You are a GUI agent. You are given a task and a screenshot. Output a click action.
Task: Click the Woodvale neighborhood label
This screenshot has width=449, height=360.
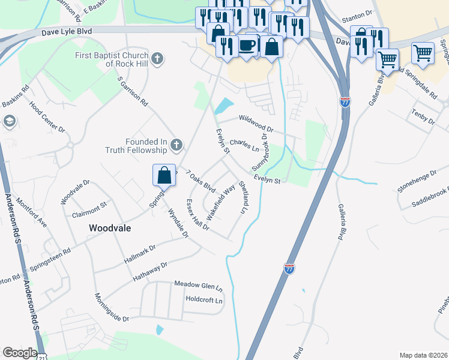coord(110,228)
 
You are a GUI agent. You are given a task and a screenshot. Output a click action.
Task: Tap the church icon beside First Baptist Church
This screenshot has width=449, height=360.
coord(157,58)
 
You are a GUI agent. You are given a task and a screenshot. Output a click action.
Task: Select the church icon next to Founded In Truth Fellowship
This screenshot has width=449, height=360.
coord(176,145)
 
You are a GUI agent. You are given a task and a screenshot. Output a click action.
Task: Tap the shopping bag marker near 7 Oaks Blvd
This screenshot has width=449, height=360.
coord(164,175)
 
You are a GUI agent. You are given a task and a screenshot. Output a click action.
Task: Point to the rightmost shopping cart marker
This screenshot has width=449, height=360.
coord(423,53)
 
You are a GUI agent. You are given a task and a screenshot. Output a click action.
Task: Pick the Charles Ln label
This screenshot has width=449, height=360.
coord(244,145)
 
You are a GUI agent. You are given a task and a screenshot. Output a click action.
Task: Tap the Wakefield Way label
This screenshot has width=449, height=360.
coord(221,202)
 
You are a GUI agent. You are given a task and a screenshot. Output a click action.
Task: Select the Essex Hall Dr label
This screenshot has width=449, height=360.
coord(197,214)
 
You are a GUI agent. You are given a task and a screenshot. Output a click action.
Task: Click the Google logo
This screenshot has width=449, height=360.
coord(20,353)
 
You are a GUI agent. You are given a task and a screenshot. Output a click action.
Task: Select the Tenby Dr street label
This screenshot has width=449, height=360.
coord(423,116)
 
